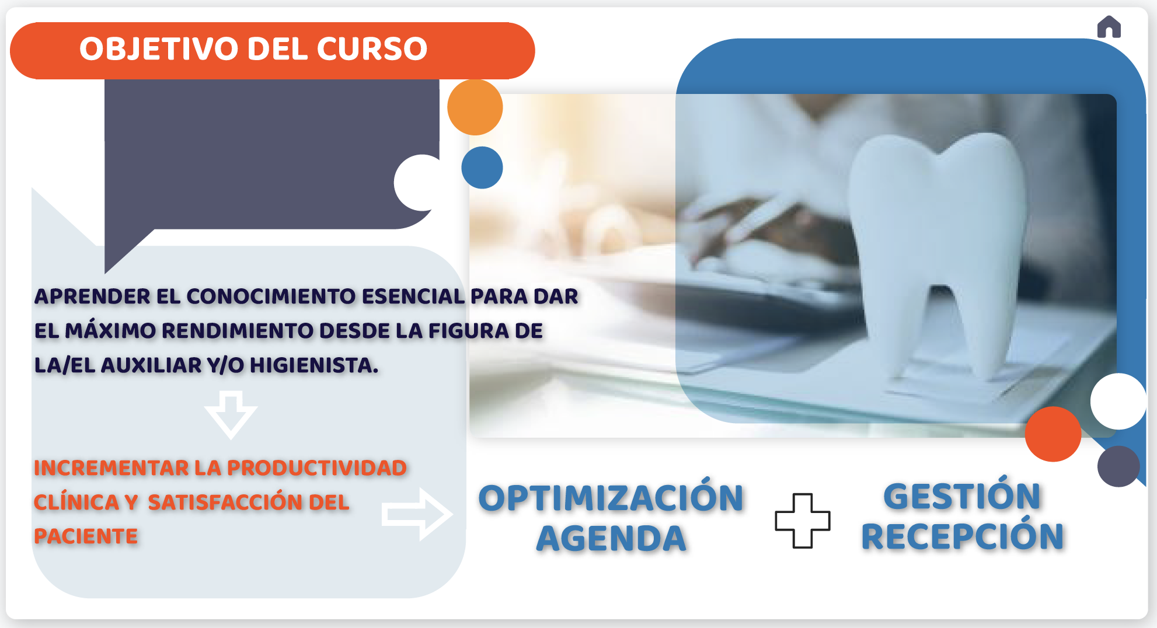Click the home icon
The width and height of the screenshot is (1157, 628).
pos(1109,27)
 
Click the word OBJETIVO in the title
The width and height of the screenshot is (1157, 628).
pos(158,48)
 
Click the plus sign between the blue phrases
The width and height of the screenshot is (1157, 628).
pos(803,521)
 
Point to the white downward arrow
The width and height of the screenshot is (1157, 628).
pos(231,415)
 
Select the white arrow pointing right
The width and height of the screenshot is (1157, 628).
pos(417,514)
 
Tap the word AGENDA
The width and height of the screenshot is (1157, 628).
pos(611,538)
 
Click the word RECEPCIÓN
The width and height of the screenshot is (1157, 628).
pos(963,536)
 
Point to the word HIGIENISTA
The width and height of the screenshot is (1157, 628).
pos(314,365)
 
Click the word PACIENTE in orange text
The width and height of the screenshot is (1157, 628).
pos(86,536)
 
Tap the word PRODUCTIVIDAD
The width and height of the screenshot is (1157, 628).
pos(317,468)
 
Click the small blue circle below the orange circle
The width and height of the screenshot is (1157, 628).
pos(482,168)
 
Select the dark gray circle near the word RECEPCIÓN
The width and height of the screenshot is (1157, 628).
pos(1118,466)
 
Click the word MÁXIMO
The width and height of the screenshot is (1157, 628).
pos(110,330)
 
